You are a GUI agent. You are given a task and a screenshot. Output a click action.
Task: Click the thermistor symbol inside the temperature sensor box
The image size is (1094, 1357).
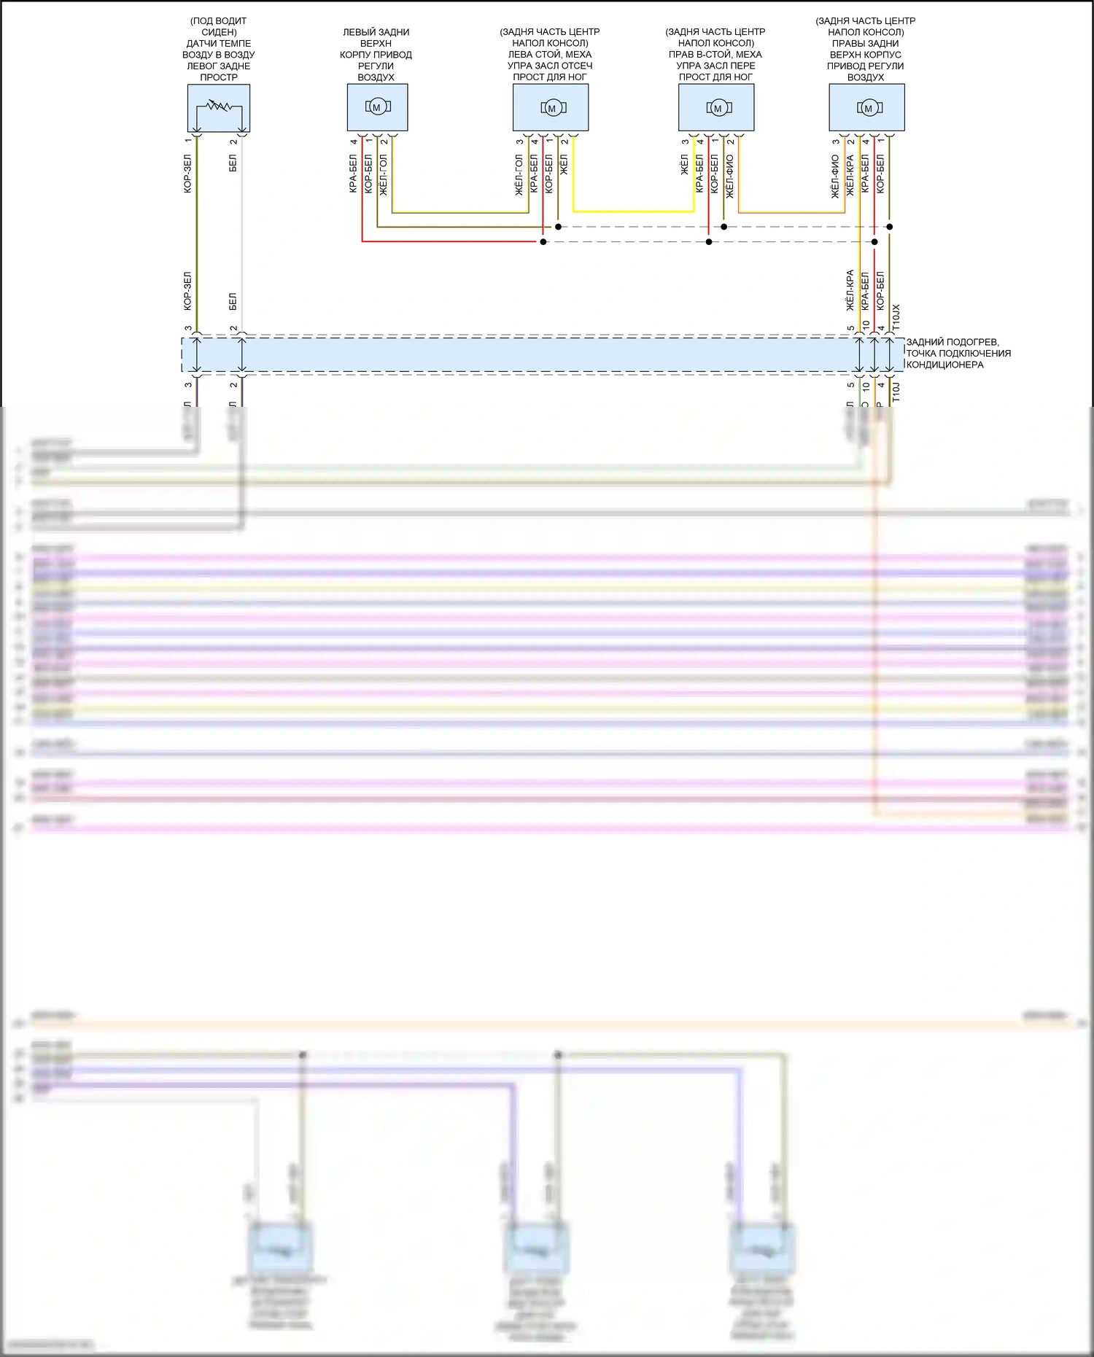pyautogui.click(x=218, y=106)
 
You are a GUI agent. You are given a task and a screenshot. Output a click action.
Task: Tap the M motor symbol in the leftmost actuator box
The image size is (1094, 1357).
pyautogui.click(x=376, y=107)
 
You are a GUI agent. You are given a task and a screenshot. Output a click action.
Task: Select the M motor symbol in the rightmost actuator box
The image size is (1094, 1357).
pyautogui.click(x=867, y=108)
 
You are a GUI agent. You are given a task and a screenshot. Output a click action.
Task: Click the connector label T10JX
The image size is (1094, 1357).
pyautogui.click(x=896, y=316)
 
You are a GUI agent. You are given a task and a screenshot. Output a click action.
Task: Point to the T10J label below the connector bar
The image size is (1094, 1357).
pyautogui.click(x=896, y=392)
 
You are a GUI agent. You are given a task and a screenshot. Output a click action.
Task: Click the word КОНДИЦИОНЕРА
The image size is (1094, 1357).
pyautogui.click(x=944, y=365)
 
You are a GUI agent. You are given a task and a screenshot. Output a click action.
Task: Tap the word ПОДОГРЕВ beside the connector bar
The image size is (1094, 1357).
pyautogui.click(x=973, y=342)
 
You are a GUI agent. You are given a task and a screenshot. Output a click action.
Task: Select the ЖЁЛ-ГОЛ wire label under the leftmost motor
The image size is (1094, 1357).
pyautogui.click(x=384, y=174)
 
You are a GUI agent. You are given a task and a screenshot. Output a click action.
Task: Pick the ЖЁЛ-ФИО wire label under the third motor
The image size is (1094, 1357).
pyautogui.click(x=730, y=175)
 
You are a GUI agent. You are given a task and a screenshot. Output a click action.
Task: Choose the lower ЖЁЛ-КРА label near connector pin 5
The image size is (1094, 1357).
pyautogui.click(x=850, y=290)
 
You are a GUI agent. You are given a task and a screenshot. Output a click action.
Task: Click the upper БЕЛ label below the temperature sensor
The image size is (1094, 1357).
pyautogui.click(x=233, y=163)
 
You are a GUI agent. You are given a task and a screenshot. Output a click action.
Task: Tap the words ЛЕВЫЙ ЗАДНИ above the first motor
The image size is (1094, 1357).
pyautogui.click(x=376, y=32)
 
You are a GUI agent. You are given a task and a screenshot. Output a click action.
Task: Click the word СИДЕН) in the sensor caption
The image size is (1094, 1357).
pyautogui.click(x=219, y=32)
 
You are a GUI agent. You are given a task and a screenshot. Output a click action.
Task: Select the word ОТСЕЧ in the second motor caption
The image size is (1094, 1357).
pyautogui.click(x=576, y=66)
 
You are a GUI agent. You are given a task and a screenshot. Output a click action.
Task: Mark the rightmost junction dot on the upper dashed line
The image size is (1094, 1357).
pyautogui.click(x=889, y=227)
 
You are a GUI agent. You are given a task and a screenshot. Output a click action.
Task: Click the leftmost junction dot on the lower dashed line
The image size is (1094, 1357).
pyautogui.click(x=543, y=241)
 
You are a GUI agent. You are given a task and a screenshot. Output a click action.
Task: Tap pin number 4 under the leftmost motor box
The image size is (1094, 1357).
pyautogui.click(x=354, y=141)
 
